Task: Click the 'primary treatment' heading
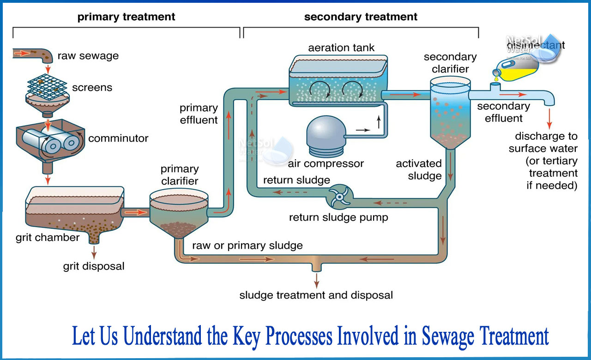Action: [x=126, y=17]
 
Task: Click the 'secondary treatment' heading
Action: [x=361, y=17]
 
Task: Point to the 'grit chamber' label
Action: [x=48, y=238]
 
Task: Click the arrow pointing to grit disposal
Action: [x=94, y=252]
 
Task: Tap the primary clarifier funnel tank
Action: [x=179, y=215]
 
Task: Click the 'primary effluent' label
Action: [x=199, y=114]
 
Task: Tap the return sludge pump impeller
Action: [x=339, y=197]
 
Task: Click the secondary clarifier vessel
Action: [x=450, y=111]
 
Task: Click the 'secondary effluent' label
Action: [x=503, y=112]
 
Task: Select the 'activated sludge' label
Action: [x=419, y=169]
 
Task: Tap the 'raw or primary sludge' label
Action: [x=247, y=246]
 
